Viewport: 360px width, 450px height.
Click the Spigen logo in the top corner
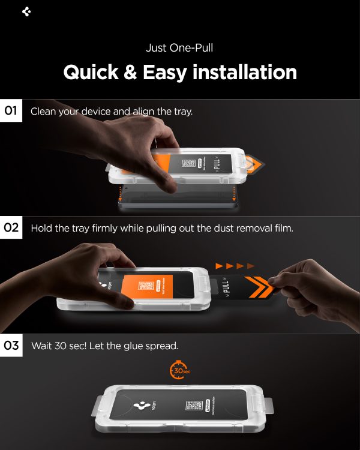click(26, 11)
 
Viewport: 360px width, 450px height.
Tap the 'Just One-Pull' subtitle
click(179, 48)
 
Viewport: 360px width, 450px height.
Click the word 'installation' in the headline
click(248, 72)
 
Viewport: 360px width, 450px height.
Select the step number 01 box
click(11, 111)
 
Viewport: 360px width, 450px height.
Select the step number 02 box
click(11, 228)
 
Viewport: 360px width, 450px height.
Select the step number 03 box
click(11, 346)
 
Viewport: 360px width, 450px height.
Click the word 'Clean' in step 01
click(43, 112)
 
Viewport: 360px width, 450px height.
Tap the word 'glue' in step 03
click(130, 346)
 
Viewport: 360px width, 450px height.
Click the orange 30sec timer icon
click(179, 370)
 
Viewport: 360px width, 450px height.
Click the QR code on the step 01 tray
click(190, 164)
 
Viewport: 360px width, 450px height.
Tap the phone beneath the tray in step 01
click(180, 204)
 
